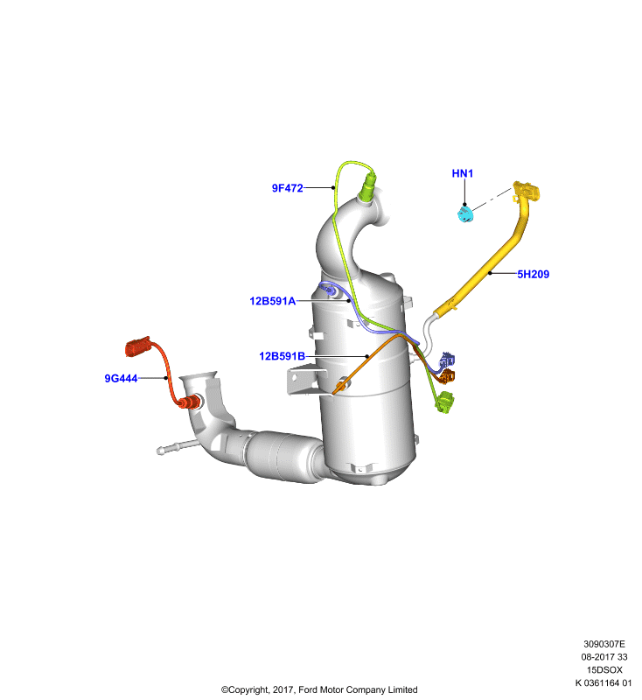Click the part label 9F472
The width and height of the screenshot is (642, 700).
coord(287,188)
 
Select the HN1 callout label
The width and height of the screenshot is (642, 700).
coord(462,173)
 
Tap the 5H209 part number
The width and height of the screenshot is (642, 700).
coord(534,274)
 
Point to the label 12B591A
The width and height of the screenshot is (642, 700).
coord(273,301)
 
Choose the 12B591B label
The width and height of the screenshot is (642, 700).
coord(282,356)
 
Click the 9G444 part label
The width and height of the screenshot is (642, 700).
coord(121,379)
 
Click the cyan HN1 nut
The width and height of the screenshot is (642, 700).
coord(466,213)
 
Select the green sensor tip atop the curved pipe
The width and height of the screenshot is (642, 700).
coord(367,186)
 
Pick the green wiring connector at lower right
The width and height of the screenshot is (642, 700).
coord(444,402)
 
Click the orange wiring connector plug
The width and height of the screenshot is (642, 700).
coord(446,376)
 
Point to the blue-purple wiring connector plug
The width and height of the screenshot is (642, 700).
coord(447,360)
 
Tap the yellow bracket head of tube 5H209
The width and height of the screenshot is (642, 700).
coord(526,191)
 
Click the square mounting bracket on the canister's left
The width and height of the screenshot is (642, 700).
coord(304,381)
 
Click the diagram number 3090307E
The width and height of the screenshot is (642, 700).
coord(604,644)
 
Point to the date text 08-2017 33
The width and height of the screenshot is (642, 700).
coord(604,657)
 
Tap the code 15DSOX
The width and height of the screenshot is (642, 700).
coord(604,669)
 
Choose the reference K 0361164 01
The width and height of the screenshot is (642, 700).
coord(604,682)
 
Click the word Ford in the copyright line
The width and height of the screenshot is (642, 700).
coord(307,689)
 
